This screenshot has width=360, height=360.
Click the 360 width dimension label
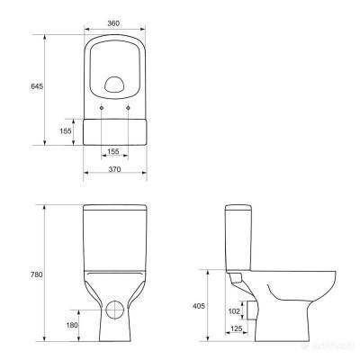tap(113, 23)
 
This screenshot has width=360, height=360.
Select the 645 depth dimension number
tap(37, 86)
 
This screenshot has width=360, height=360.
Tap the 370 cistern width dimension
tap(114, 169)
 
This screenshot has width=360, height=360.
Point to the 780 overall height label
tap(36, 274)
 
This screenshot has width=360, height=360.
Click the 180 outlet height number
tap(72, 325)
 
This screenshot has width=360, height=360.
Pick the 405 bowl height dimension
tap(199, 306)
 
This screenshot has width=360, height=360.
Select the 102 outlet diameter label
tap(234, 311)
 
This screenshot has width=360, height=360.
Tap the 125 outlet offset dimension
tap(237, 328)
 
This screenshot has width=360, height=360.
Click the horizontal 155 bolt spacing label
tap(113, 152)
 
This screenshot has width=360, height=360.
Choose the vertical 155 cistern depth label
tap(66, 131)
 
